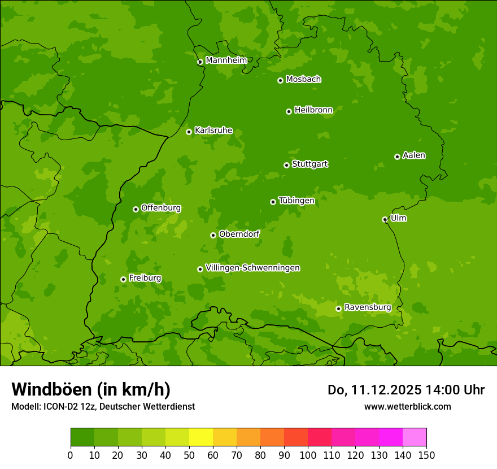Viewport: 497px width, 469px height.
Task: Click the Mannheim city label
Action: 226,60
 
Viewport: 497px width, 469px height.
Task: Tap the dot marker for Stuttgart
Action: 286,165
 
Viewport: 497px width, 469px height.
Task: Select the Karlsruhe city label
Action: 213,131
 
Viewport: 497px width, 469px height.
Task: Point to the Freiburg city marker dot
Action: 123,279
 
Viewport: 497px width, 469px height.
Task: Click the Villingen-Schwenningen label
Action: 252,268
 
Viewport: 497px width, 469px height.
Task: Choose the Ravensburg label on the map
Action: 367,307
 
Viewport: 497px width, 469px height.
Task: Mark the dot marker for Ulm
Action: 385,219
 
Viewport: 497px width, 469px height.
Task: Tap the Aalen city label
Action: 414,155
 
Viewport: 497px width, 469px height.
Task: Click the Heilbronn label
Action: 313,110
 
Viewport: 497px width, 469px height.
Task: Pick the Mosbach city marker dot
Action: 280,80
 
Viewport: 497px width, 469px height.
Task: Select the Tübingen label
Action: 297,201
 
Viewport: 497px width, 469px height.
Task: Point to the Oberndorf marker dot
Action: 213,235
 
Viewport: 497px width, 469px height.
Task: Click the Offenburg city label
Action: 161,208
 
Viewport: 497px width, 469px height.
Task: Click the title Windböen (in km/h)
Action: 90,389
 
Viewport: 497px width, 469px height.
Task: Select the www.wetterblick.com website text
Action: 407,406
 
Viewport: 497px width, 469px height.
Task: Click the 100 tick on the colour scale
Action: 308,455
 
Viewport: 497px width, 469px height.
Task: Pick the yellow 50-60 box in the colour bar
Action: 201,437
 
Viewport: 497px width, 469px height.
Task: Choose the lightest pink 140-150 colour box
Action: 415,437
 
